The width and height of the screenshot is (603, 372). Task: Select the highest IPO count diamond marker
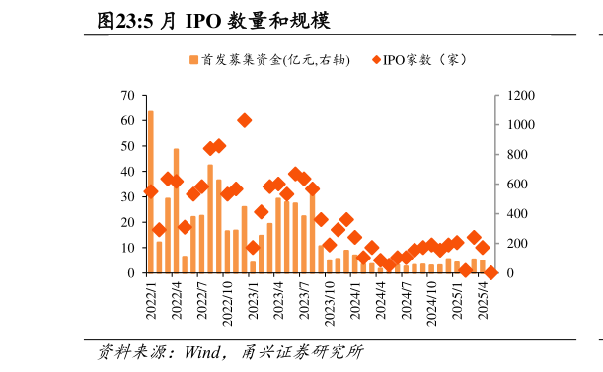244,120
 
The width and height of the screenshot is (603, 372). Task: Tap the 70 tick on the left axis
127,96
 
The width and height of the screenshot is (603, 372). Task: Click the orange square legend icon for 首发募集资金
193,60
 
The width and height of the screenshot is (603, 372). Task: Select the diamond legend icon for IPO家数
376,60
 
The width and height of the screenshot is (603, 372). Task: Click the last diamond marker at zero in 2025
490,272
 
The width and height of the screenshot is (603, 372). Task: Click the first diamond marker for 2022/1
150,191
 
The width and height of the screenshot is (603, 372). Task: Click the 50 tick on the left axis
127,146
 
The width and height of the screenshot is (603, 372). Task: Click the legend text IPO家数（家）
424,60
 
